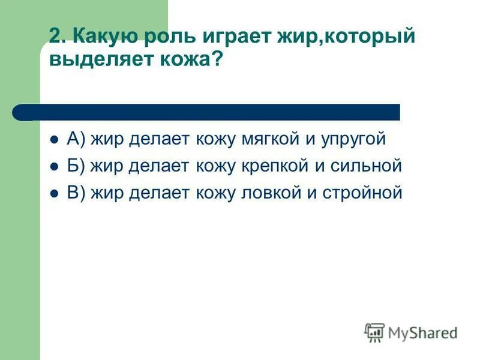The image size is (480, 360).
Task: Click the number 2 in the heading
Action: click(x=56, y=37)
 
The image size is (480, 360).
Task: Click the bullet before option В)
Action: click(x=53, y=194)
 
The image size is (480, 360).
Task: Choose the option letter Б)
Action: click(x=77, y=166)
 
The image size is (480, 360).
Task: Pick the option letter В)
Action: click(x=77, y=193)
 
